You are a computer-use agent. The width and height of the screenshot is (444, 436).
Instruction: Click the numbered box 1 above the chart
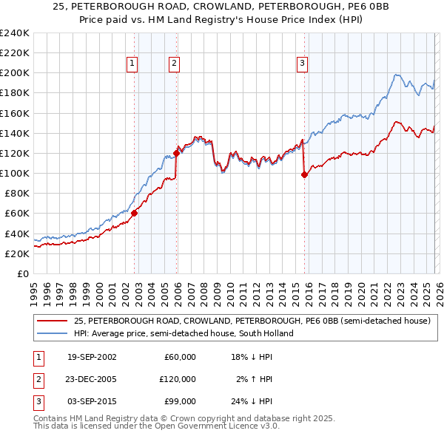tap(132, 64)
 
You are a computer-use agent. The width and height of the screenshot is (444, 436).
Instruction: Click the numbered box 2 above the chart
tap(174, 64)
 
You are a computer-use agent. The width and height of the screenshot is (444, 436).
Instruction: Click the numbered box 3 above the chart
tap(302, 64)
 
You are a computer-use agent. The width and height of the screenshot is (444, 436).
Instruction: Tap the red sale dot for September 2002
tap(135, 213)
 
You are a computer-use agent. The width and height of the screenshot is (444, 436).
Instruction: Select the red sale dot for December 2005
tap(177, 153)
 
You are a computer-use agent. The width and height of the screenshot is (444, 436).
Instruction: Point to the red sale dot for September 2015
tap(304, 174)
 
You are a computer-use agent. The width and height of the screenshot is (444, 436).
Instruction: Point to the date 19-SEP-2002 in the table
tap(92, 357)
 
